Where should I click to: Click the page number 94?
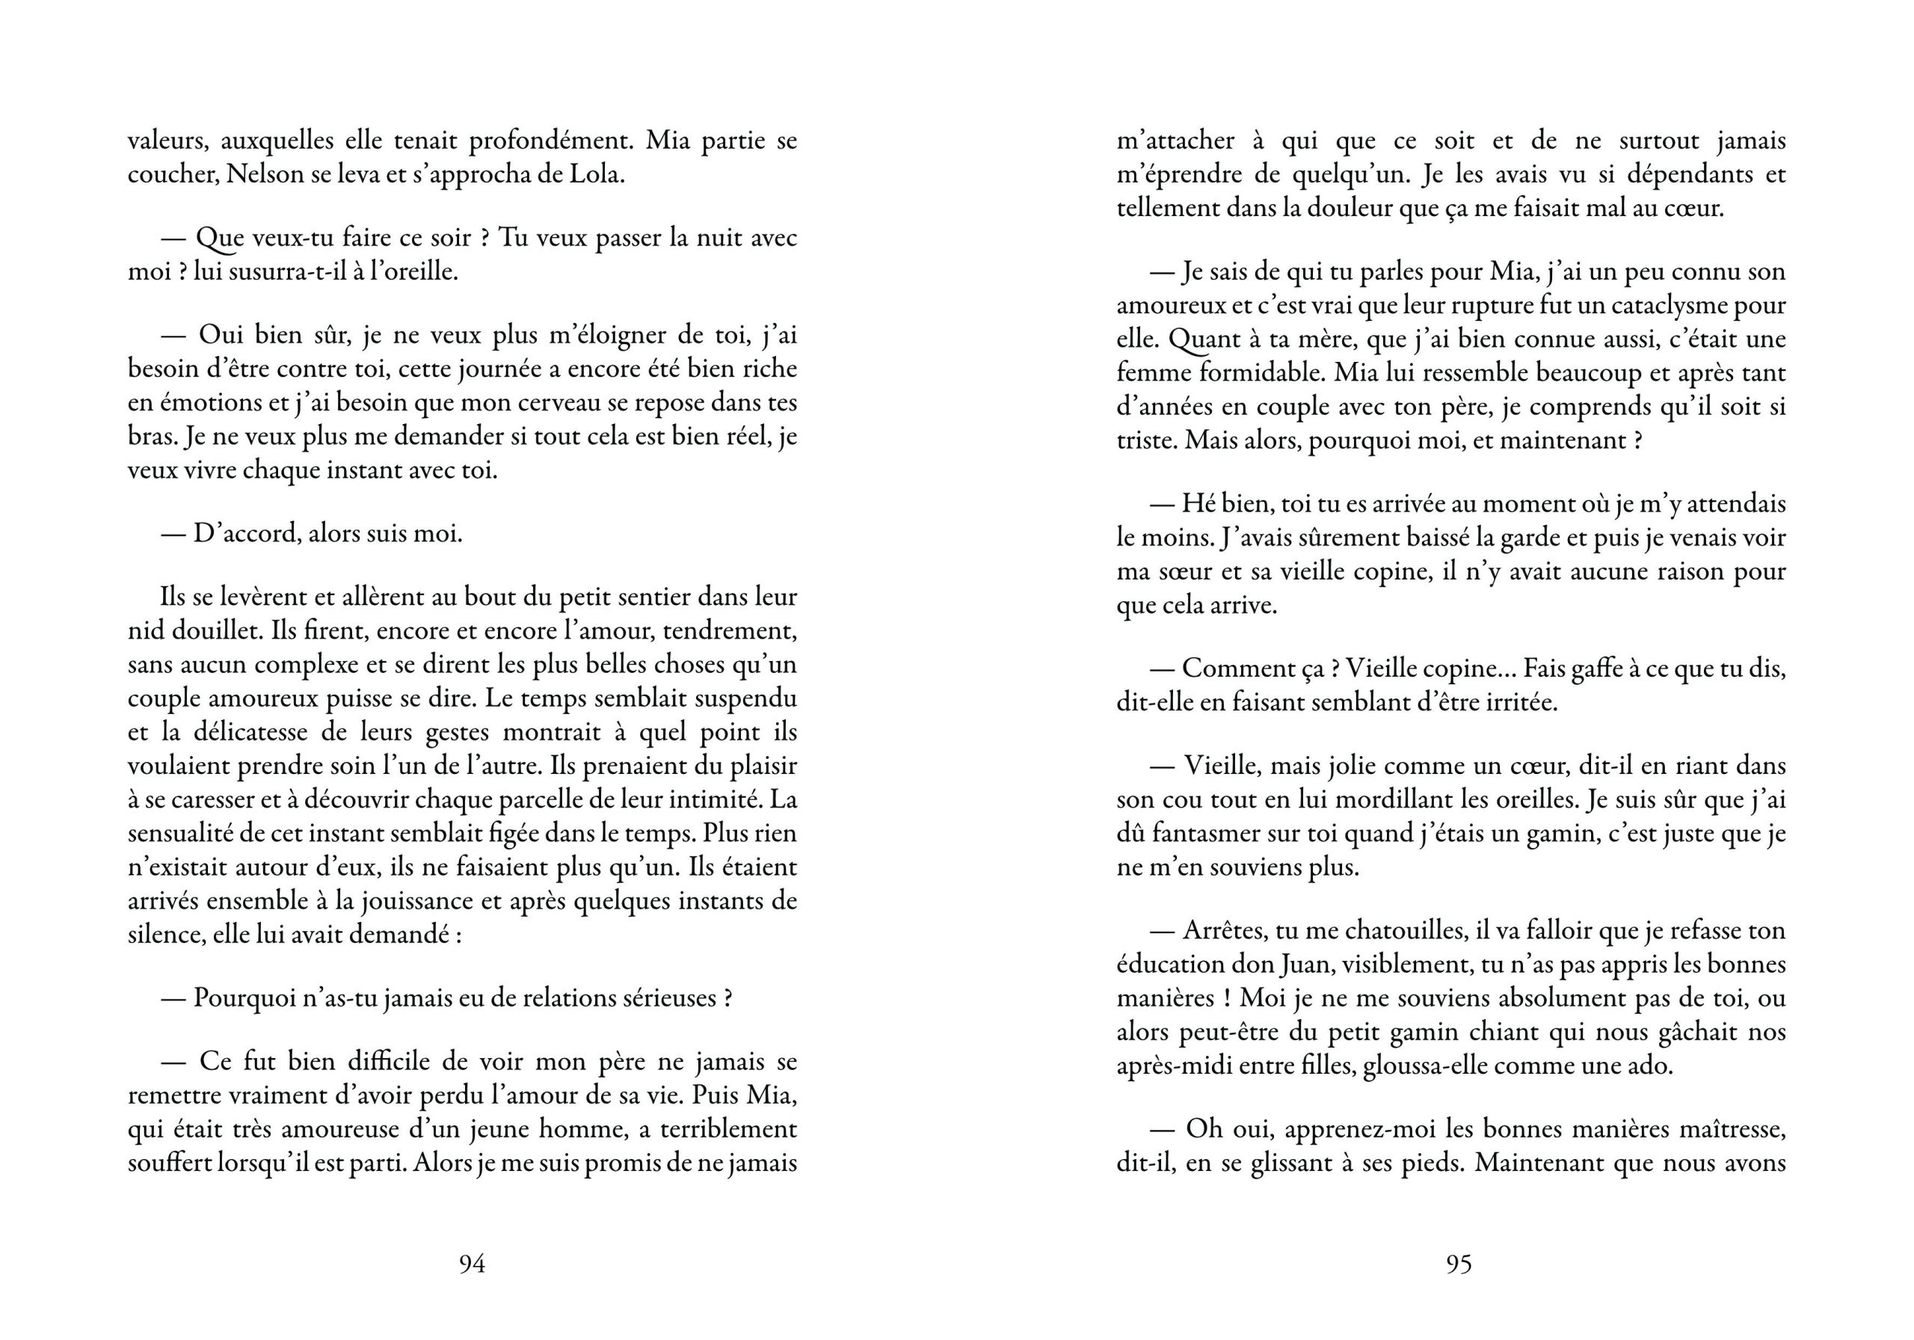[472, 1264]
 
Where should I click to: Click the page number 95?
[1459, 1264]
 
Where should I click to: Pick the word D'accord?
[246, 534]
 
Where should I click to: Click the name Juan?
[1299, 965]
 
